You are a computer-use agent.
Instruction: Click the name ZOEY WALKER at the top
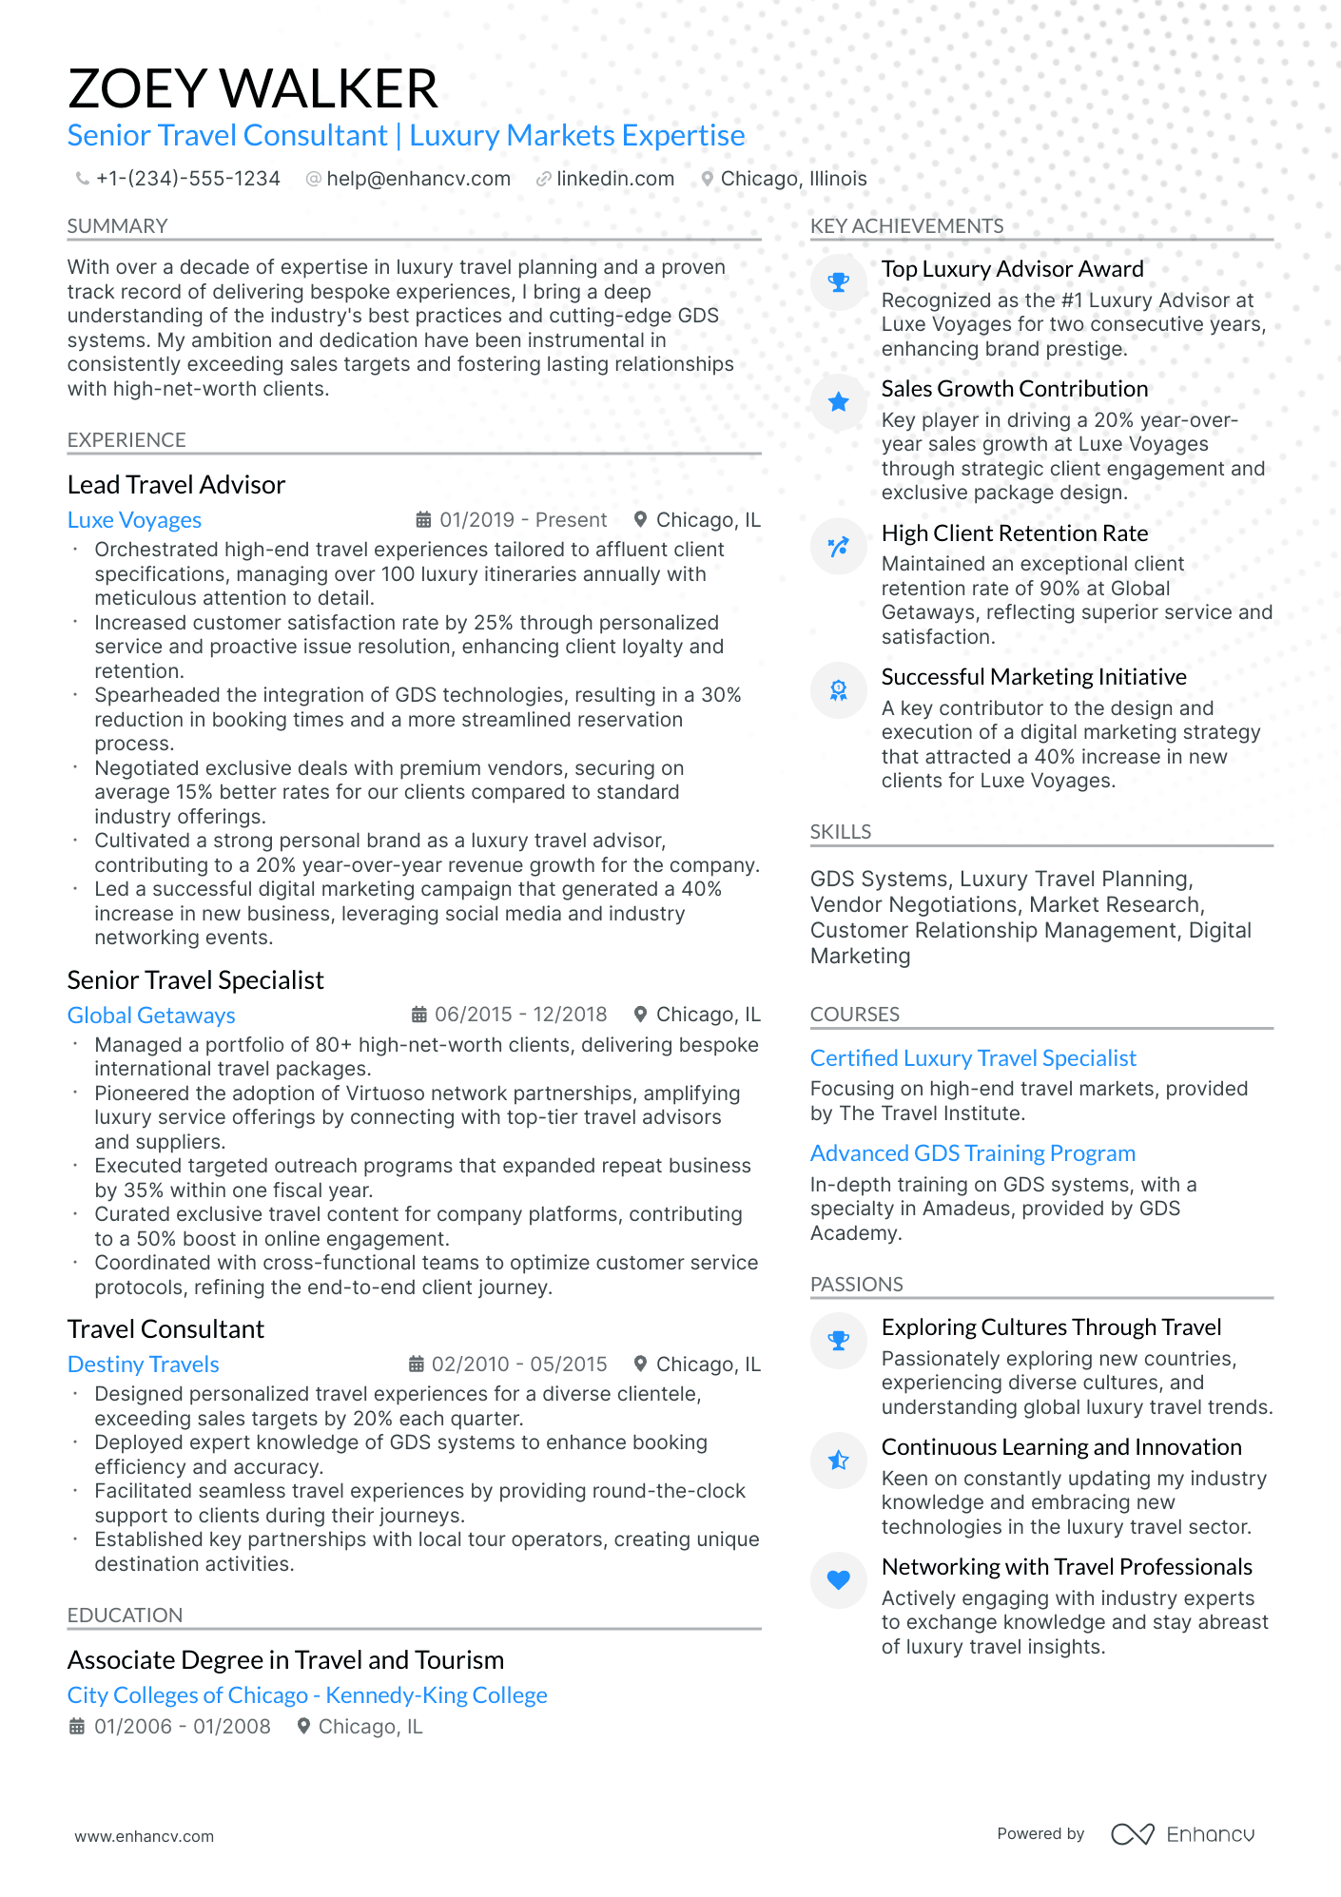253,88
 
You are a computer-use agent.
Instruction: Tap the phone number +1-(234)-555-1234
187,179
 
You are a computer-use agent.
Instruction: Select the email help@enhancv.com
418,179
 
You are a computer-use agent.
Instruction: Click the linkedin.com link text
614,179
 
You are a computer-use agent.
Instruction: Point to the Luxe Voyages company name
134,520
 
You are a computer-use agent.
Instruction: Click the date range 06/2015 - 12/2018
520,1015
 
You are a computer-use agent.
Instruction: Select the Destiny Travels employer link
143,1365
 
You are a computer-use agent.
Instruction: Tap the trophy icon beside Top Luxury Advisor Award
838,282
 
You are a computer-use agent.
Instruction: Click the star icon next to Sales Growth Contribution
838,402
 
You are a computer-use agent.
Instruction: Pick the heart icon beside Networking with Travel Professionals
838,1580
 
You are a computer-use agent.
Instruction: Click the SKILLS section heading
841,832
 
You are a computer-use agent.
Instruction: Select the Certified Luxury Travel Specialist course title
973,1058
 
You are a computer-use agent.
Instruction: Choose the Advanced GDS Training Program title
972,1153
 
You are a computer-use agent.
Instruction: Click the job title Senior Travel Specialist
195,980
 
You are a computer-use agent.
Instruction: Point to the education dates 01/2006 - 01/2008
182,1727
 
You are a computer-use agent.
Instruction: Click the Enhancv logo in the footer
1182,1834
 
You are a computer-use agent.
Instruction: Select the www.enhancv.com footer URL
145,1836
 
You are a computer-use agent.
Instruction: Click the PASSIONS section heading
856,1285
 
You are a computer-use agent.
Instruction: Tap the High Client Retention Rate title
1014,533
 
